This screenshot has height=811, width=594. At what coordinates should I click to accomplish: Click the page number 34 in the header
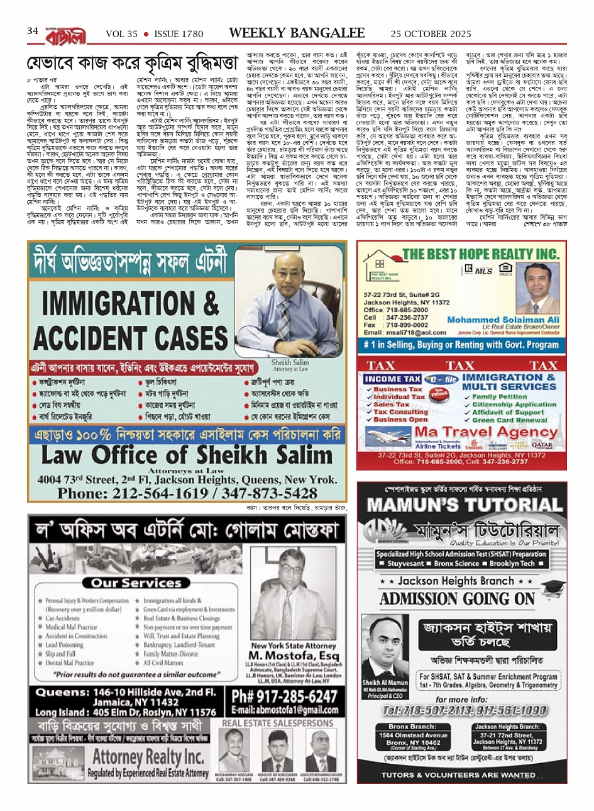pyautogui.click(x=33, y=31)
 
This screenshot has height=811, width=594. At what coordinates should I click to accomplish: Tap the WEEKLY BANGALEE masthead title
pyautogui.click(x=297, y=33)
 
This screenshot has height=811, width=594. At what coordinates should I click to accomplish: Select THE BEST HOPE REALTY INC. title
pyautogui.click(x=480, y=254)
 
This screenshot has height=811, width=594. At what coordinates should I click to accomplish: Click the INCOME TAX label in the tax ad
pyautogui.click(x=392, y=379)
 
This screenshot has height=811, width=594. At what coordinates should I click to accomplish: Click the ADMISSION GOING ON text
pyautogui.click(x=457, y=598)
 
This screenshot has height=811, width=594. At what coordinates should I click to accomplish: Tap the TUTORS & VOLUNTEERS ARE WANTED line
pyautogui.click(x=458, y=775)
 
